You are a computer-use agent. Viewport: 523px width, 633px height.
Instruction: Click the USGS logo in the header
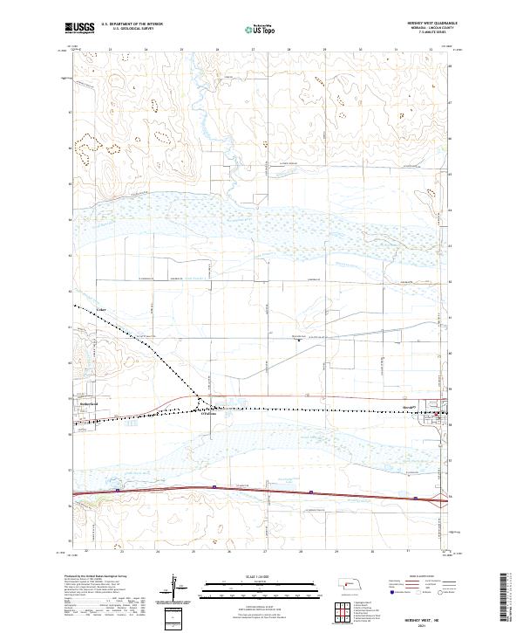click(80, 29)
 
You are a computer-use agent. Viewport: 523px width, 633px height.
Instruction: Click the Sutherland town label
click(92, 406)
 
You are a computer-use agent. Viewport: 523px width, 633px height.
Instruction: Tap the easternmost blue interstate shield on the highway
click(416, 499)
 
